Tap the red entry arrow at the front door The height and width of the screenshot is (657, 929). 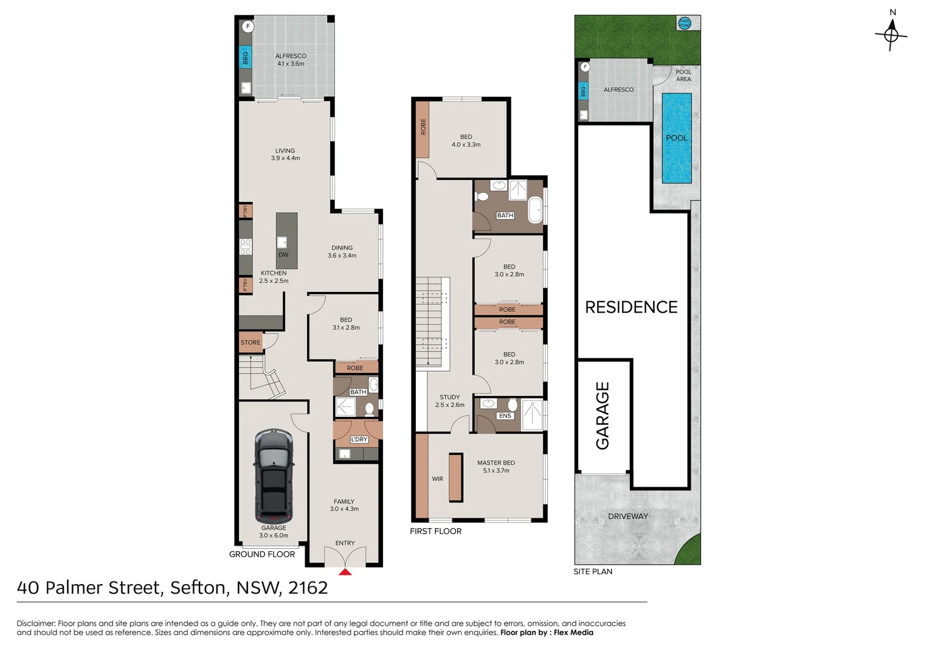[345, 571]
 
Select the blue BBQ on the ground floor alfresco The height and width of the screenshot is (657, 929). [245, 58]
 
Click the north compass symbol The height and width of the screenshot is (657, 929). [891, 34]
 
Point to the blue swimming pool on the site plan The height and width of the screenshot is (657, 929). [677, 138]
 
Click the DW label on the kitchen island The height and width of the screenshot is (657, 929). [283, 255]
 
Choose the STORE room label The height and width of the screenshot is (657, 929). [250, 342]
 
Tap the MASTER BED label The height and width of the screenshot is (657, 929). [496, 463]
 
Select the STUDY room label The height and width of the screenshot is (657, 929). [449, 397]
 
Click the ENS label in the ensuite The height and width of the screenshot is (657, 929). [505, 416]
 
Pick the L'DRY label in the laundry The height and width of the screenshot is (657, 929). [359, 439]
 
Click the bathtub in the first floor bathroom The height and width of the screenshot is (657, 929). [535, 210]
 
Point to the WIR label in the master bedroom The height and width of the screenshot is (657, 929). [437, 479]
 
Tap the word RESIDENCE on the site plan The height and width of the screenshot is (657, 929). [631, 307]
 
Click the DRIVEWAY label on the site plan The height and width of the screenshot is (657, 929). [628, 516]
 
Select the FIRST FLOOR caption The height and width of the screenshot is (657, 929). [435, 532]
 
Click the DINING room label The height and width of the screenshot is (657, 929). [342, 248]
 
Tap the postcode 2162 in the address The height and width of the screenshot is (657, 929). [308, 588]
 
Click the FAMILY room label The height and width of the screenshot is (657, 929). [344, 502]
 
